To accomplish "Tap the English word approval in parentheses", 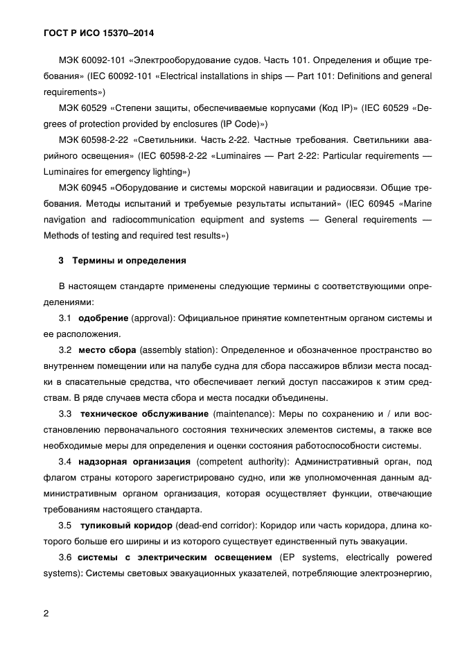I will tap(151, 318).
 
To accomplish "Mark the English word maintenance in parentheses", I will tap(241, 414).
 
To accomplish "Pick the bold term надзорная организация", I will tap(134, 462).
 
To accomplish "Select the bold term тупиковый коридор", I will tap(124, 526).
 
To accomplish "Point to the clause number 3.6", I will tap(66, 557).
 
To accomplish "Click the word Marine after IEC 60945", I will tap(415, 204).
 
